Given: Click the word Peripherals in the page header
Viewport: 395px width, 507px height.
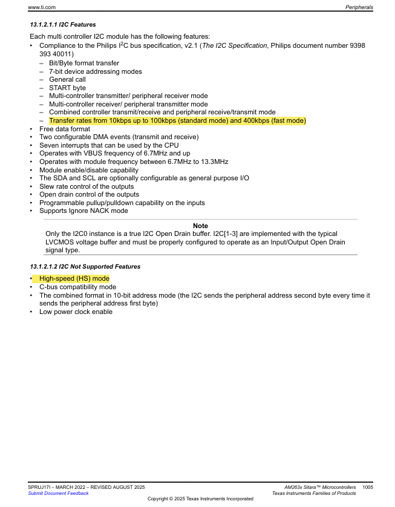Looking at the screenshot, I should point(359,7).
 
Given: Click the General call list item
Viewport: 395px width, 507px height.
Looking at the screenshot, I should point(67,79).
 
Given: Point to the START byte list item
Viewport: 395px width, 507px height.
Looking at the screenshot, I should point(67,88).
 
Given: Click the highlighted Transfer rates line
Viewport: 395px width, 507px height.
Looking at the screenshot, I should point(177,120).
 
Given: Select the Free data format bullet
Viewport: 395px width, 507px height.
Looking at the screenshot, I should point(65,129).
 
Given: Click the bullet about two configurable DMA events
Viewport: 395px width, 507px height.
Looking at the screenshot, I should point(119,137).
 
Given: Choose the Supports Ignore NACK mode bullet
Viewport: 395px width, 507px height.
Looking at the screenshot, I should point(83,211).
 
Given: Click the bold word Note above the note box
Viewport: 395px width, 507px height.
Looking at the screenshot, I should point(200,226).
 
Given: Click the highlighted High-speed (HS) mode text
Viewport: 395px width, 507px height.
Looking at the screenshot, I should point(74,278).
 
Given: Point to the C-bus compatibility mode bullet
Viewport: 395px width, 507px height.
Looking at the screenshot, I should point(77,287).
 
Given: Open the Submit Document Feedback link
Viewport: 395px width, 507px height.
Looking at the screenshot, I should point(58,493).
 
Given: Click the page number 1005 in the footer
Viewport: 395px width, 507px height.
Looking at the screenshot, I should point(367,487).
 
